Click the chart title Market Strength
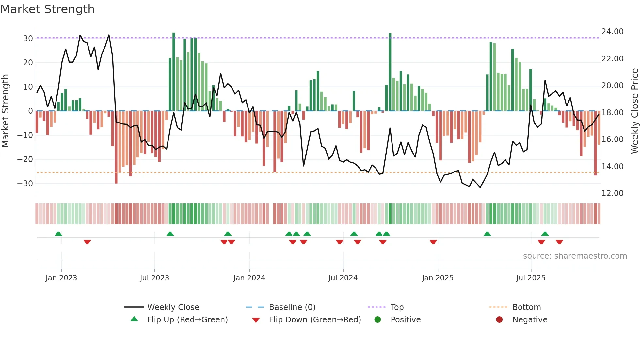point(47,9)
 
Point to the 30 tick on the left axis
point(28,39)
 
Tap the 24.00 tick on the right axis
point(612,32)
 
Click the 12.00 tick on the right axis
point(612,193)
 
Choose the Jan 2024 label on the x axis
point(249,278)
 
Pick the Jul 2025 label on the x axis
point(531,278)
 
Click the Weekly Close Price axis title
point(634,111)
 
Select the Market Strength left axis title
point(5,111)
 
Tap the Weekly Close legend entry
point(173,307)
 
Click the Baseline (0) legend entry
point(292,307)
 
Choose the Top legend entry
point(397,307)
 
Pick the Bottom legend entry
point(526,307)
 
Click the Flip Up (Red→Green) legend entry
point(187,320)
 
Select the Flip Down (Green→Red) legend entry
point(315,320)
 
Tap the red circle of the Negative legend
point(499,320)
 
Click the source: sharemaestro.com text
point(575,256)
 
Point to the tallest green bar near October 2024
point(390,72)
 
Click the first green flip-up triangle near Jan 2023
point(58,234)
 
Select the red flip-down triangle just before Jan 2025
point(433,242)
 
